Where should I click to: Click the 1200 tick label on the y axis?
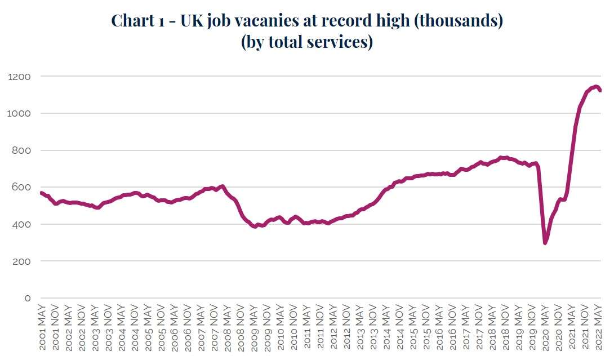click(19, 76)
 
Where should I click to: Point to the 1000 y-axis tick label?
click(19, 113)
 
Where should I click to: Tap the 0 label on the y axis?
click(27, 298)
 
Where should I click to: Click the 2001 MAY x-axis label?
click(42, 329)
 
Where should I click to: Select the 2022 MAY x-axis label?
click(600, 329)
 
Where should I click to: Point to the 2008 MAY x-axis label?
click(228, 329)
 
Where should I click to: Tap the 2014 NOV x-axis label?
click(401, 329)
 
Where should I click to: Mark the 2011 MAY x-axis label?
click(308, 329)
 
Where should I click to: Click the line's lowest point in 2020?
click(545, 243)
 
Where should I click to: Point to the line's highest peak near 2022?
click(595, 86)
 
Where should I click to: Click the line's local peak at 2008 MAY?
click(223, 186)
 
